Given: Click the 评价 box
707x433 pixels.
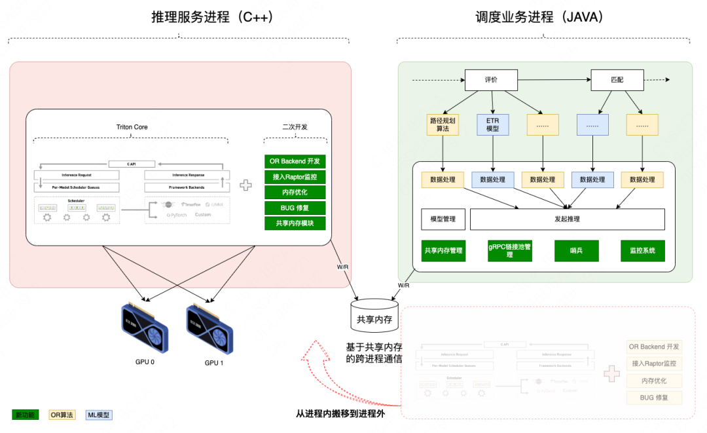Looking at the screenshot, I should click(x=491, y=80).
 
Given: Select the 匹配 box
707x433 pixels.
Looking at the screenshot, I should click(x=617, y=80).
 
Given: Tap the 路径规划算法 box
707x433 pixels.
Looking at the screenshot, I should click(x=443, y=124).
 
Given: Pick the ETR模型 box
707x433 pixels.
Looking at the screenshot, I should click(x=492, y=124).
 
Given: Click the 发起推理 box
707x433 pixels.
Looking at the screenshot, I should click(x=567, y=219).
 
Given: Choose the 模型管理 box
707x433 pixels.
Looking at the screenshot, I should click(x=443, y=219).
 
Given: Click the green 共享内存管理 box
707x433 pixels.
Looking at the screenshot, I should click(x=443, y=251).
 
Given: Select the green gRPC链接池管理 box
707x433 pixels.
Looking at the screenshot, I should click(x=509, y=251).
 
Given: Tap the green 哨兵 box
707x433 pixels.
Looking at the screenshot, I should click(x=576, y=251).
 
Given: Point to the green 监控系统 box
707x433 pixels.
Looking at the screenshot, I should click(x=642, y=251).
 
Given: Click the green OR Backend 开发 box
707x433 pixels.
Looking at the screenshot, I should click(x=295, y=162).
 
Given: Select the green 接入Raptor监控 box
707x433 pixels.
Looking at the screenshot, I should click(x=295, y=178).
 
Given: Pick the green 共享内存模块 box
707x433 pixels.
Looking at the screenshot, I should click(x=295, y=223).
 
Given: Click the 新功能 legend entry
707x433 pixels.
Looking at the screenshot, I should click(x=26, y=415).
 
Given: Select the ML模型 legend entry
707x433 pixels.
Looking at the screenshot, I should click(x=99, y=415).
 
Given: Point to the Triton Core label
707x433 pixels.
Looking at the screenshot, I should click(x=132, y=127).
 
